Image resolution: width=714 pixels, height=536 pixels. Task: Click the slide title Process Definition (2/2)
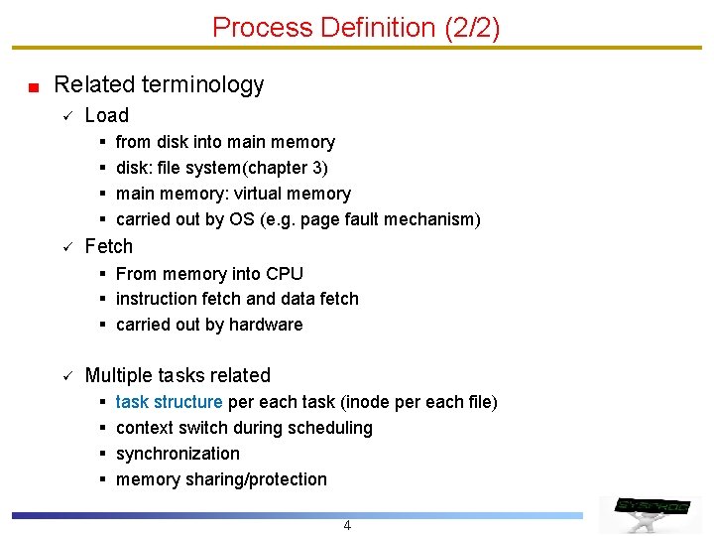tap(356, 27)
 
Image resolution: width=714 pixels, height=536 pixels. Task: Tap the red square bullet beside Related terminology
tap(33, 87)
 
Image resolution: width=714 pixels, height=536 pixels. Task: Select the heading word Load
tap(107, 115)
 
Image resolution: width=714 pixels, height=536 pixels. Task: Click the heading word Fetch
tap(108, 246)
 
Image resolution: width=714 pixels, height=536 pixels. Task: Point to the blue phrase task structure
tap(169, 402)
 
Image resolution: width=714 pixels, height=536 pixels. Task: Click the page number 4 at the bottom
tap(347, 525)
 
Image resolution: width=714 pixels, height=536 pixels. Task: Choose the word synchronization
tap(178, 454)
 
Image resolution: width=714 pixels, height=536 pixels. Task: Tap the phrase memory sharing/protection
tap(221, 479)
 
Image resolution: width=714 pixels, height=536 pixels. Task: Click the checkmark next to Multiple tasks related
tap(59, 375)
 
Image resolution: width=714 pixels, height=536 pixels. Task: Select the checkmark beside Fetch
tap(59, 246)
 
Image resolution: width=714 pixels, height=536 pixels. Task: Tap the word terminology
tap(213, 85)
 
